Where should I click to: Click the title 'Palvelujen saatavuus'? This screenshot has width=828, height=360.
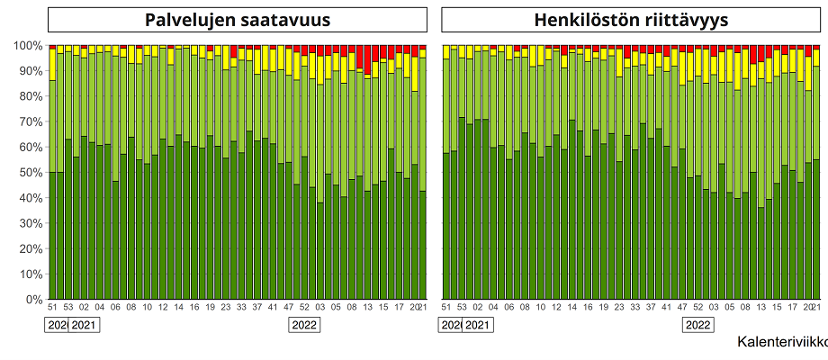[238, 20]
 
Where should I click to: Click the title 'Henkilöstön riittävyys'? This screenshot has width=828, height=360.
[630, 20]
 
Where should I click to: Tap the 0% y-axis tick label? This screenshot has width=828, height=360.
[33, 299]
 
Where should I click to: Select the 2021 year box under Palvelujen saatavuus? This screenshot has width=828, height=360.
[84, 325]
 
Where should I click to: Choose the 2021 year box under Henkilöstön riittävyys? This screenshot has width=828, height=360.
[477, 325]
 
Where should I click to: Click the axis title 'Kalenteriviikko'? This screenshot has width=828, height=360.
[781, 342]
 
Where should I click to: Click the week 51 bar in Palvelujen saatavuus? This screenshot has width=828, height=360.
[52, 180]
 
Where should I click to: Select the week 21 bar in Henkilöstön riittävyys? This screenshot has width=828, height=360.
[815, 180]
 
